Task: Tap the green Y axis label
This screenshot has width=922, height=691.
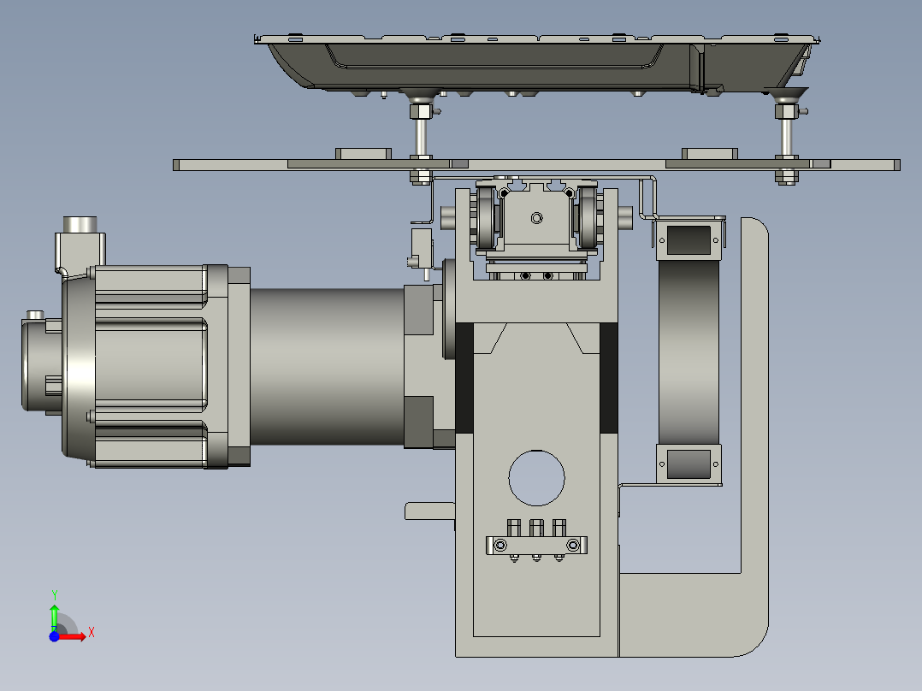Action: click(55, 595)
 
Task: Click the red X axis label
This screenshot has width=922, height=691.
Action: click(92, 633)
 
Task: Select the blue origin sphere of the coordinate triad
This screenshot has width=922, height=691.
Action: click(54, 636)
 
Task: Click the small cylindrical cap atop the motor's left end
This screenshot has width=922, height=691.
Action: click(80, 225)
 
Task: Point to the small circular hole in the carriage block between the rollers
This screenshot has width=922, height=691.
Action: click(536, 218)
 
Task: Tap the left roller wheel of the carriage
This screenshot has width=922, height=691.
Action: click(486, 217)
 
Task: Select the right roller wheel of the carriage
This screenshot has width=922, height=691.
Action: click(588, 217)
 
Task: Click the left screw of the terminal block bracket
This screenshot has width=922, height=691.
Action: click(500, 545)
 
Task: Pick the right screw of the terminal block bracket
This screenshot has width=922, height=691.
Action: click(573, 545)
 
